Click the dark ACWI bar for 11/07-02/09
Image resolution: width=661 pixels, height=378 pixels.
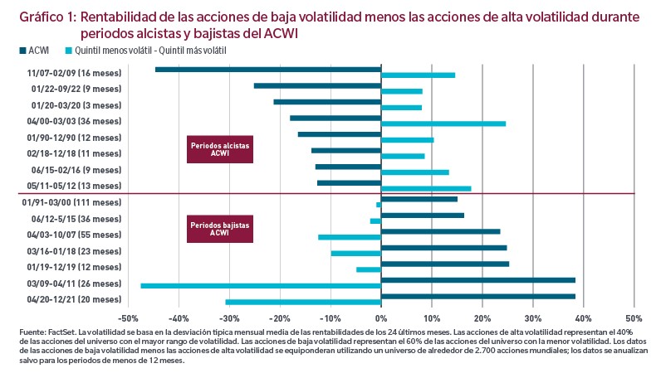point(268,70)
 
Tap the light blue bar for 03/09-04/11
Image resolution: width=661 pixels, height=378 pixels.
point(261,285)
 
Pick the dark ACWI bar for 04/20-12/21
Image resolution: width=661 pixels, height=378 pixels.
point(478,296)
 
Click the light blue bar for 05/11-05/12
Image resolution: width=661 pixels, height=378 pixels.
point(426,188)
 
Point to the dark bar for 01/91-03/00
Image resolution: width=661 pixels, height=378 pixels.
point(419,199)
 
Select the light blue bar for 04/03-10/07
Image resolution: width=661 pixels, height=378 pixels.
point(350,237)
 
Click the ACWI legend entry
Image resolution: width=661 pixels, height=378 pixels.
point(34,51)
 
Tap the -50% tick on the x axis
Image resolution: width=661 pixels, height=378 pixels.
point(129,317)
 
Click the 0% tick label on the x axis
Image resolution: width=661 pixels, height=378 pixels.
point(381,317)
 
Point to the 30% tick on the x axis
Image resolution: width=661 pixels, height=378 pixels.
point(532,317)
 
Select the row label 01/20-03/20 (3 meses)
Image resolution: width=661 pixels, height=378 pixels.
point(76,105)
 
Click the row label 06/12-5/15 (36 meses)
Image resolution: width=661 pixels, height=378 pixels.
point(76,219)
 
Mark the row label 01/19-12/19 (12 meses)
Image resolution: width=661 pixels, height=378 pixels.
point(76,267)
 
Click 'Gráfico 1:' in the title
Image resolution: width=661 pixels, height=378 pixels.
point(46,17)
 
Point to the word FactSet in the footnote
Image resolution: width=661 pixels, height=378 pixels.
point(56,332)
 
